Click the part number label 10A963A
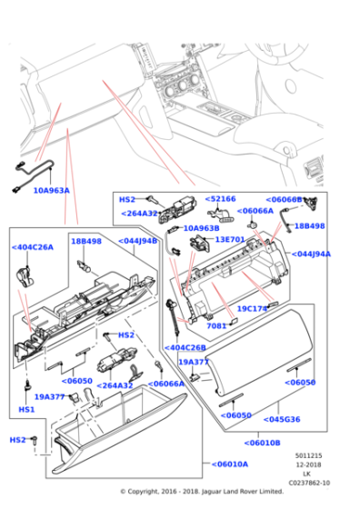tap(51, 191)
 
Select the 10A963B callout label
tap(201, 229)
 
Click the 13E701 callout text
tap(230, 240)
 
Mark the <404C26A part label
tap(32, 247)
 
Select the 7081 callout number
tap(216, 325)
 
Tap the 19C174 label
tap(251, 309)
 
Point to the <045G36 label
tap(282, 419)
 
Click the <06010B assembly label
tap(262, 443)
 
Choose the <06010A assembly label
tap(226, 464)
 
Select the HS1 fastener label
tap(26, 410)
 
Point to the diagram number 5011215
tap(308, 455)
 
